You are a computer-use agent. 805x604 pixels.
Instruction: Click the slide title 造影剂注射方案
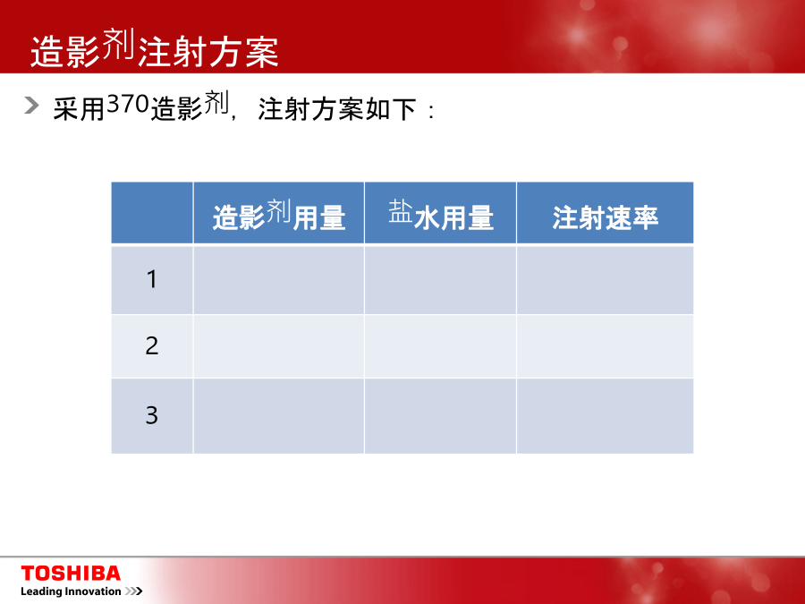point(154,49)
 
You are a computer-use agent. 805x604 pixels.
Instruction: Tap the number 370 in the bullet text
point(128,105)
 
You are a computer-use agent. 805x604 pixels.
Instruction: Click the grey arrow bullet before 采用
point(31,105)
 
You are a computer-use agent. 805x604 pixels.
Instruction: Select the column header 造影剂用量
point(279,215)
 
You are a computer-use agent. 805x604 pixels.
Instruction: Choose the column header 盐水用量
point(440,215)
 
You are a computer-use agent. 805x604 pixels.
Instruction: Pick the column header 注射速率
point(605,217)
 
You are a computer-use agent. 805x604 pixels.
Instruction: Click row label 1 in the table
point(151,279)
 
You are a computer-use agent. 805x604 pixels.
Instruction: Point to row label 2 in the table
point(151,345)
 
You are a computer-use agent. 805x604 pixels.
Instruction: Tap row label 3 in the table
point(151,415)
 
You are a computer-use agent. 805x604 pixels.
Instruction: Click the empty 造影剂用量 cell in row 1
point(279,280)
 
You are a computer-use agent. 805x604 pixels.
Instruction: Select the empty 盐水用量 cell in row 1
point(440,280)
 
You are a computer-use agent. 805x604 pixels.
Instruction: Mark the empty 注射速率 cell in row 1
point(605,280)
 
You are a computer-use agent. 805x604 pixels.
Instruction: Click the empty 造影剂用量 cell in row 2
point(279,346)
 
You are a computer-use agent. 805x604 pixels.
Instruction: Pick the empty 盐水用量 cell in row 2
point(440,346)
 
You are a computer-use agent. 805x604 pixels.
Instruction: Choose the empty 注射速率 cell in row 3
point(605,416)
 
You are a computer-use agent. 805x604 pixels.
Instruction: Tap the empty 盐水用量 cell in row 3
point(440,416)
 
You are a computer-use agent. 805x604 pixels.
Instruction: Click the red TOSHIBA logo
point(71,574)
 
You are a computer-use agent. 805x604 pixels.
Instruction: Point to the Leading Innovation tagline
point(71,591)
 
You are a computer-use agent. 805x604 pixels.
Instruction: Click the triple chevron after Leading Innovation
point(133,591)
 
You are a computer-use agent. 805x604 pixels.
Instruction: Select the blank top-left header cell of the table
point(152,213)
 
